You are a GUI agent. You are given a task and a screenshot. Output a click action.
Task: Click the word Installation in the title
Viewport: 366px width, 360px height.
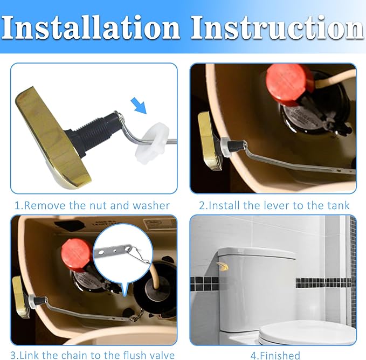[x=92, y=26]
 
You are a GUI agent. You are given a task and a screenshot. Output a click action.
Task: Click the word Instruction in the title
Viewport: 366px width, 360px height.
[x=278, y=26]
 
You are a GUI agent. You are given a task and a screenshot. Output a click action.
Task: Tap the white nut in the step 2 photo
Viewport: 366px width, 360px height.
[x=227, y=144]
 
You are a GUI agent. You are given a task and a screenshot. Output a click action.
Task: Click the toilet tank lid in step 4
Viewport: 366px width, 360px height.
[x=257, y=252]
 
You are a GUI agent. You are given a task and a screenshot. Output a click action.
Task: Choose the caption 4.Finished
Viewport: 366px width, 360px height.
[x=275, y=355]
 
